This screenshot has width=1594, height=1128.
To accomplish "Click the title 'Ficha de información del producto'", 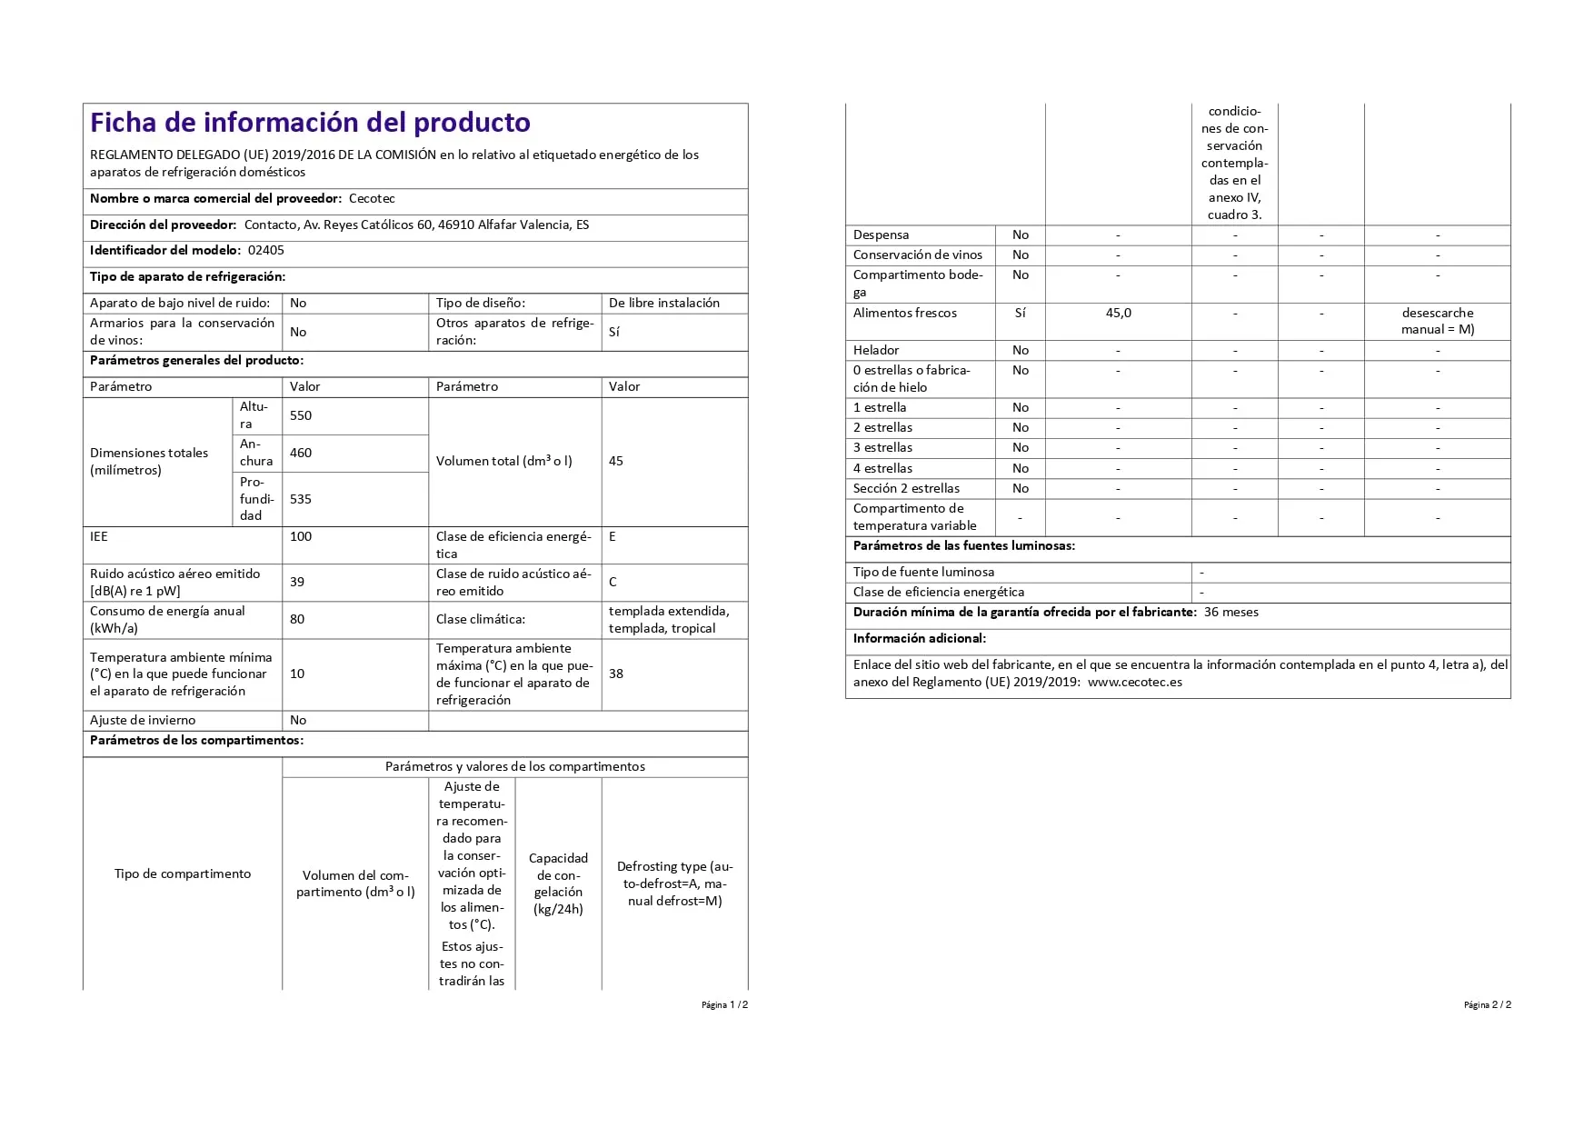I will pos(310,123).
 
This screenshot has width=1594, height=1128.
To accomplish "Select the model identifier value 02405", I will pos(266,250).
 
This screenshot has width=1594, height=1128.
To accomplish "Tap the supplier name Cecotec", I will pos(372,198).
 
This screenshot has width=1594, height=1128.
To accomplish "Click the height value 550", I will pos(301,415).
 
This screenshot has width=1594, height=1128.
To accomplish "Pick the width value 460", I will pos(301,453).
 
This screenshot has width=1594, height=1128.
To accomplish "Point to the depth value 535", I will pos(301,499).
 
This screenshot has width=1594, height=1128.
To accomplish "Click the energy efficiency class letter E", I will pos(613,536).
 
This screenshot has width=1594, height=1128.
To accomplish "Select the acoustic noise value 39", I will pos(297,582).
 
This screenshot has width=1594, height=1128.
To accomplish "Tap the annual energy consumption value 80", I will pos(297,619).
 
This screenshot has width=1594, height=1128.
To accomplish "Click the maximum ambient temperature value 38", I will pos(616,674).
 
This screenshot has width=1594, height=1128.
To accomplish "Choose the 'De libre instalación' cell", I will pos(664,303).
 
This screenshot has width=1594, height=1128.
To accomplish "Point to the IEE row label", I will pos(99,536).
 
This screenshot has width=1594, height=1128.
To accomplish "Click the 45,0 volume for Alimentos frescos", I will pos(1119,313).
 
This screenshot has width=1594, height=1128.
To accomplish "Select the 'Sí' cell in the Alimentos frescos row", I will pos(1021,313).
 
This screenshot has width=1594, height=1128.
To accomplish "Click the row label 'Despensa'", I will pos(881,235).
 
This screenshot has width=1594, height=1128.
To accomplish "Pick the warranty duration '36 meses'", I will pos(1231,612).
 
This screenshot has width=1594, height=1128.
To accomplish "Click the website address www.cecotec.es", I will pos(1135,682).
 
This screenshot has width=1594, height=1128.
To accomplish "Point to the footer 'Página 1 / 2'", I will pos(724,1004).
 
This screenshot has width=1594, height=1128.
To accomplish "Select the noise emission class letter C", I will pos(613,582).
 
